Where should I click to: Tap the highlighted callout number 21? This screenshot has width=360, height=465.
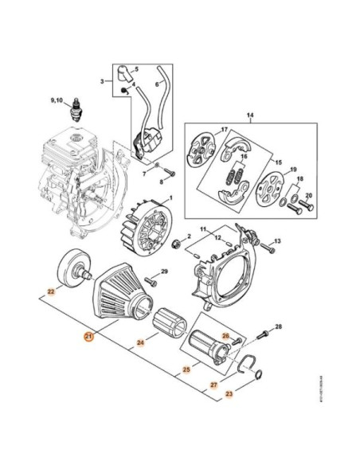88,337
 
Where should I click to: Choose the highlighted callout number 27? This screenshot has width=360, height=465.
213,385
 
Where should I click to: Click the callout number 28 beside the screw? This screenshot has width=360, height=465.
279,327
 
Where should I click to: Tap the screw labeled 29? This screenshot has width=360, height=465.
151,277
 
